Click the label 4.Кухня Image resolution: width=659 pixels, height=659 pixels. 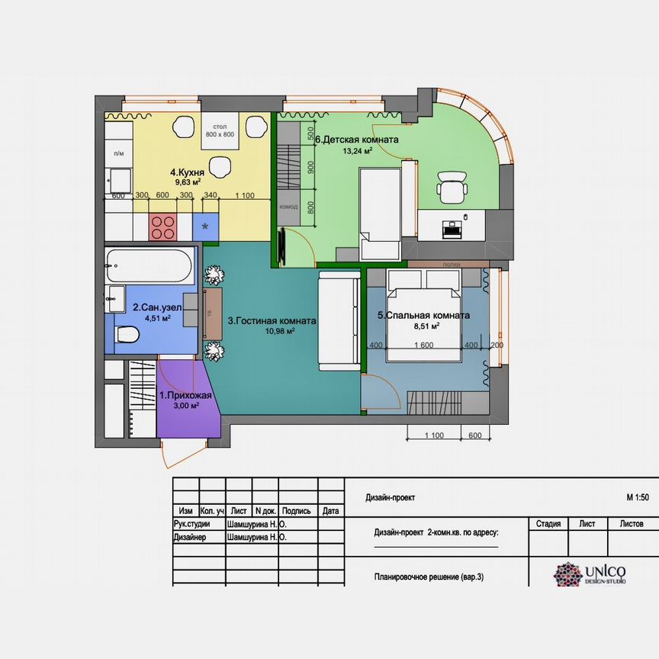186,172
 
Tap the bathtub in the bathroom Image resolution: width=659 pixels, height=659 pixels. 149,265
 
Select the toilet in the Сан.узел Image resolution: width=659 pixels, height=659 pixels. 127,334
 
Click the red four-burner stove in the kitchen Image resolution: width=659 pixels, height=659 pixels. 163,226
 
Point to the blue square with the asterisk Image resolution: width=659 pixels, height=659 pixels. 205,227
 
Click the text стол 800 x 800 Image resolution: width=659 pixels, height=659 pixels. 220,130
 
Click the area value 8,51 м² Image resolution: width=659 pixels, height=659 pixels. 425,326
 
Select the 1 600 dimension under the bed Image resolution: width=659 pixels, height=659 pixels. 425,346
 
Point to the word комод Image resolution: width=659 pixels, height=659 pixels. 289,207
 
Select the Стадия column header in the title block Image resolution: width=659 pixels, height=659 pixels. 548,524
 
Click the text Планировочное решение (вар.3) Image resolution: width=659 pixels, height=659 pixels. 429,577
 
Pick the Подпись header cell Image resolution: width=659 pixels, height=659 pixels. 297,511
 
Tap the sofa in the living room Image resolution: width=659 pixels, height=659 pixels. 339,320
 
